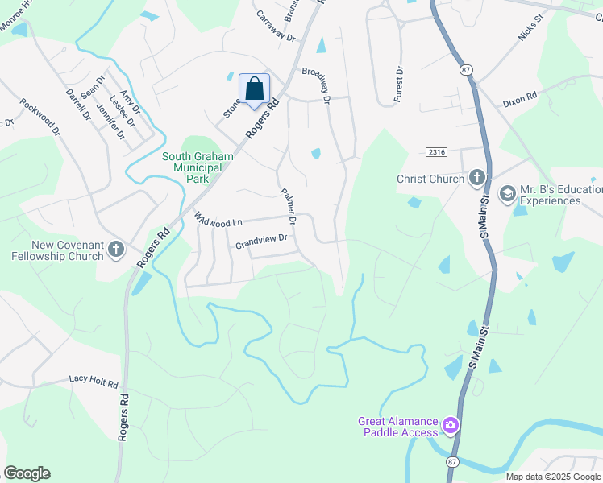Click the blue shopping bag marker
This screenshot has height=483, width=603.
(x=255, y=89)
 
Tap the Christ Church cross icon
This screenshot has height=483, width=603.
(x=476, y=178)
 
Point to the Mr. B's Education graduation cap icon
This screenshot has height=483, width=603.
(x=507, y=193)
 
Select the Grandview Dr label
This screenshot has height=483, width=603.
(x=261, y=240)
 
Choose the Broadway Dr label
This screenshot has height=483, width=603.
(x=317, y=85)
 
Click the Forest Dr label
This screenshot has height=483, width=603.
(x=397, y=84)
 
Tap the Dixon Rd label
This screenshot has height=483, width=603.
(x=519, y=98)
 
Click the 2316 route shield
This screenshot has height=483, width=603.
(x=436, y=152)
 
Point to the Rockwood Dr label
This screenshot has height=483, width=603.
(x=40, y=116)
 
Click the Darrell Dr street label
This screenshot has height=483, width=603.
(x=79, y=104)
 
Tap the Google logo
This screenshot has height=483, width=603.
(x=27, y=473)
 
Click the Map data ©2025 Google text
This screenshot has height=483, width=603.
(x=552, y=477)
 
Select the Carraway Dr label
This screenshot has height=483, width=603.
(x=277, y=27)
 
